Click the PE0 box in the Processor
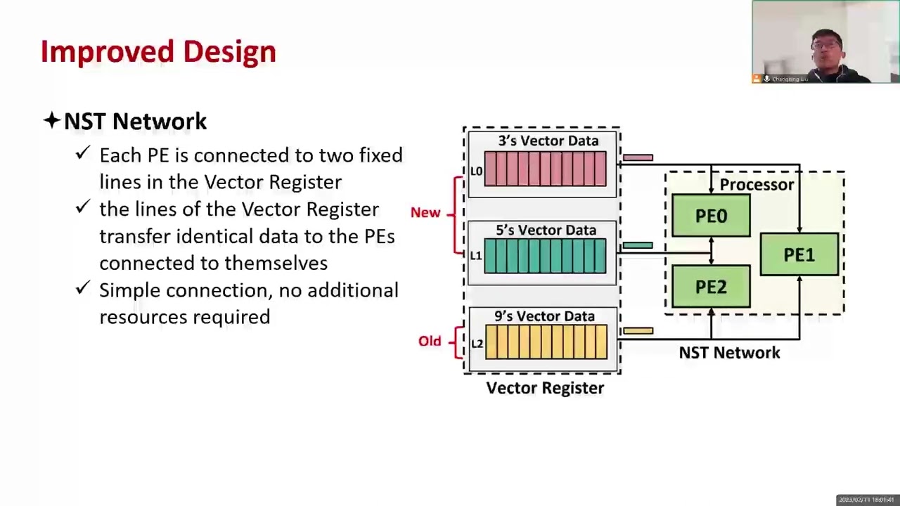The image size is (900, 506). [711, 216]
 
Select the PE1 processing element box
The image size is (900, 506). [799, 254]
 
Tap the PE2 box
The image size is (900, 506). [711, 287]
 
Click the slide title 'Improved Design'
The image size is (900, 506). [158, 52]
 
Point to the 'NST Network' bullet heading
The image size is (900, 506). [135, 122]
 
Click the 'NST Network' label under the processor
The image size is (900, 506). [729, 353]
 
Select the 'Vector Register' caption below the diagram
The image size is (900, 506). [545, 388]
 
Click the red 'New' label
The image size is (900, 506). [425, 212]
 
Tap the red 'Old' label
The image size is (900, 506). [430, 341]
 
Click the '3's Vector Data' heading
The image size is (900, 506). [548, 141]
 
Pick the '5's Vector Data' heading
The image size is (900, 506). [546, 230]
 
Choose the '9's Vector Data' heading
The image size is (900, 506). [544, 316]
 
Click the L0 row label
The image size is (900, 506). [476, 171]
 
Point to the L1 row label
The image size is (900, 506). [476, 256]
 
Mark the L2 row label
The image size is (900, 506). [477, 344]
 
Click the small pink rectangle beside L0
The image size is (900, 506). [638, 157]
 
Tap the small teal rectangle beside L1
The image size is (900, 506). [638, 245]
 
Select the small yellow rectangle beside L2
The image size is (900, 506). [638, 330]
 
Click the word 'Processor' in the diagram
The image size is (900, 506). [757, 185]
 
